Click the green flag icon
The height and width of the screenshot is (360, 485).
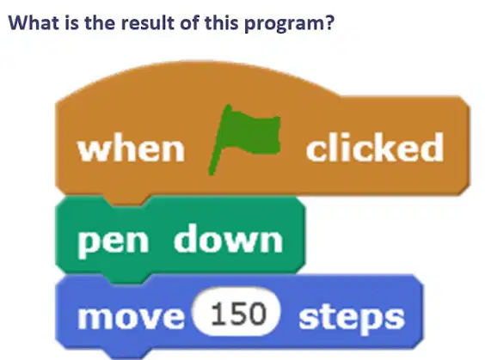[245, 140]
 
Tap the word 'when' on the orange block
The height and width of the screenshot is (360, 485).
[132, 149]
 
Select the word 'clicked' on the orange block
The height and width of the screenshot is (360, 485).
[375, 147]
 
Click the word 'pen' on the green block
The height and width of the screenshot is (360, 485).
[113, 241]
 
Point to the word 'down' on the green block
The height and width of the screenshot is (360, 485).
[228, 238]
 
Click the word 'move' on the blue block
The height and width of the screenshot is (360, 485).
[131, 317]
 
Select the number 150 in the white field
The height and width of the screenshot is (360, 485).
[238, 314]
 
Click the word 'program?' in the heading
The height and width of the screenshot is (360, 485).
[289, 23]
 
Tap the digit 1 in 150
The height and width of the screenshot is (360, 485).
[218, 314]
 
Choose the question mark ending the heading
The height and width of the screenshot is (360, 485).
[329, 22]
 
